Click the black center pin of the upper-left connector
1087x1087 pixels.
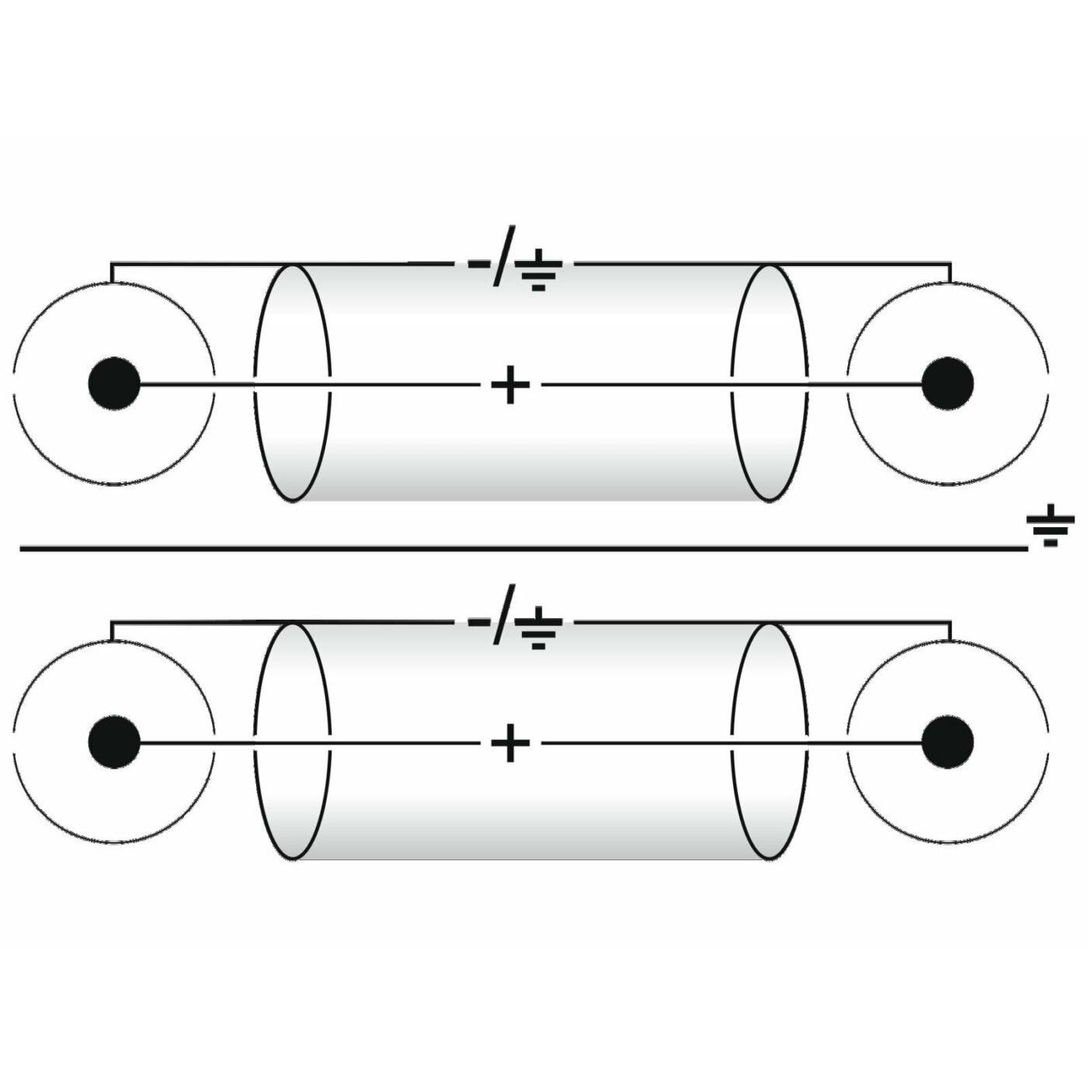[114, 384]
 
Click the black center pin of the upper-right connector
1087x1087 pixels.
[947, 384]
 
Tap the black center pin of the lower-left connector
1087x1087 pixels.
[114, 743]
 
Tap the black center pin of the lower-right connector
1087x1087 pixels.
[947, 743]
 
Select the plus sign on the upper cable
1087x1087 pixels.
[510, 384]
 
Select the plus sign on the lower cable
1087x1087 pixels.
[510, 744]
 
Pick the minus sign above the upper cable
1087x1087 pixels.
[478, 263]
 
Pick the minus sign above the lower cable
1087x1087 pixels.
[478, 622]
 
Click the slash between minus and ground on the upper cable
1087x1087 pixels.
[503, 256]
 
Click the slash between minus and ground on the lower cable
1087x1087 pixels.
[503, 615]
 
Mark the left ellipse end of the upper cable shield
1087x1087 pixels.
[293, 383]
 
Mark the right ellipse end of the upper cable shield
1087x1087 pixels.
[769, 383]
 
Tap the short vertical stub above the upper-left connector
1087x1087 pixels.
[112, 273]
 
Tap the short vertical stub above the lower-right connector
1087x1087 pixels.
[950, 630]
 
